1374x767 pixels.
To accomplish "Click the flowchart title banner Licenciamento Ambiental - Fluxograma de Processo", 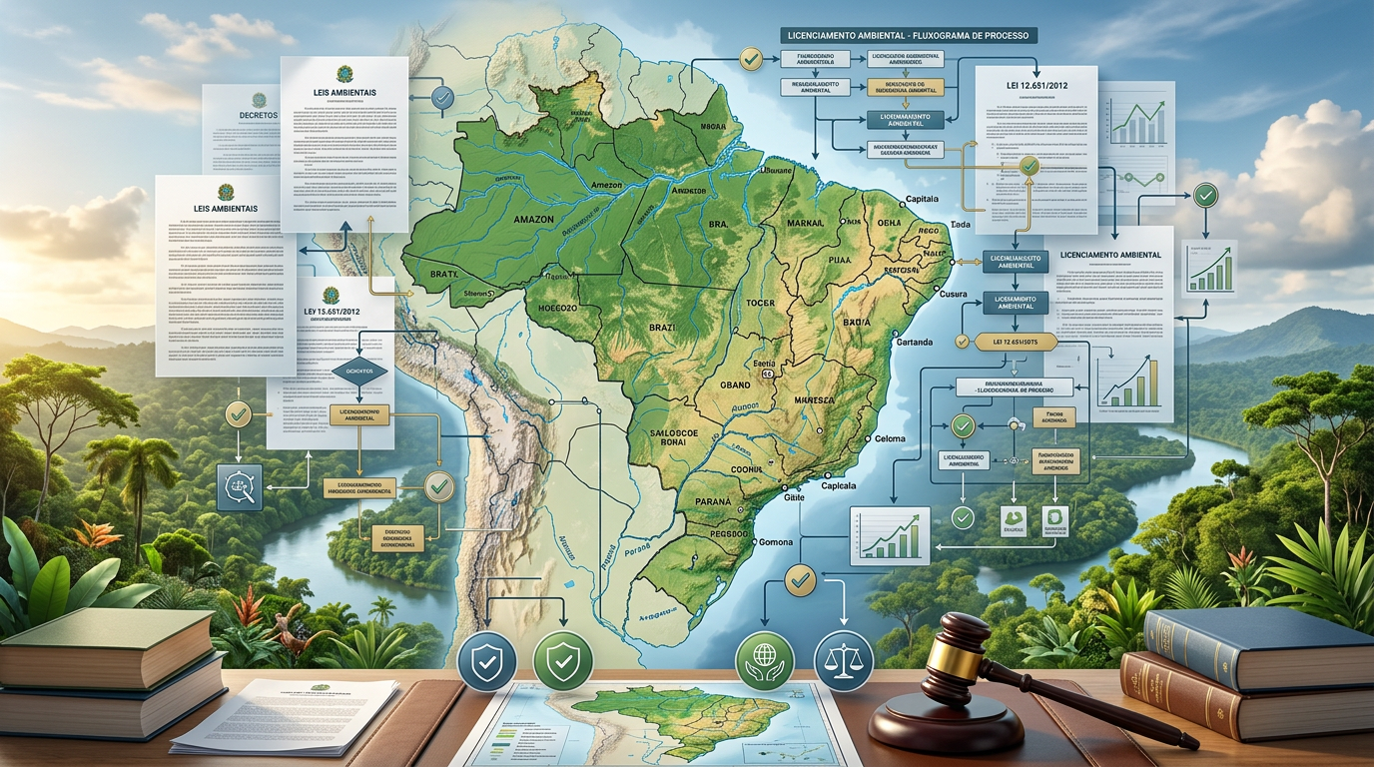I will click(908, 35).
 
